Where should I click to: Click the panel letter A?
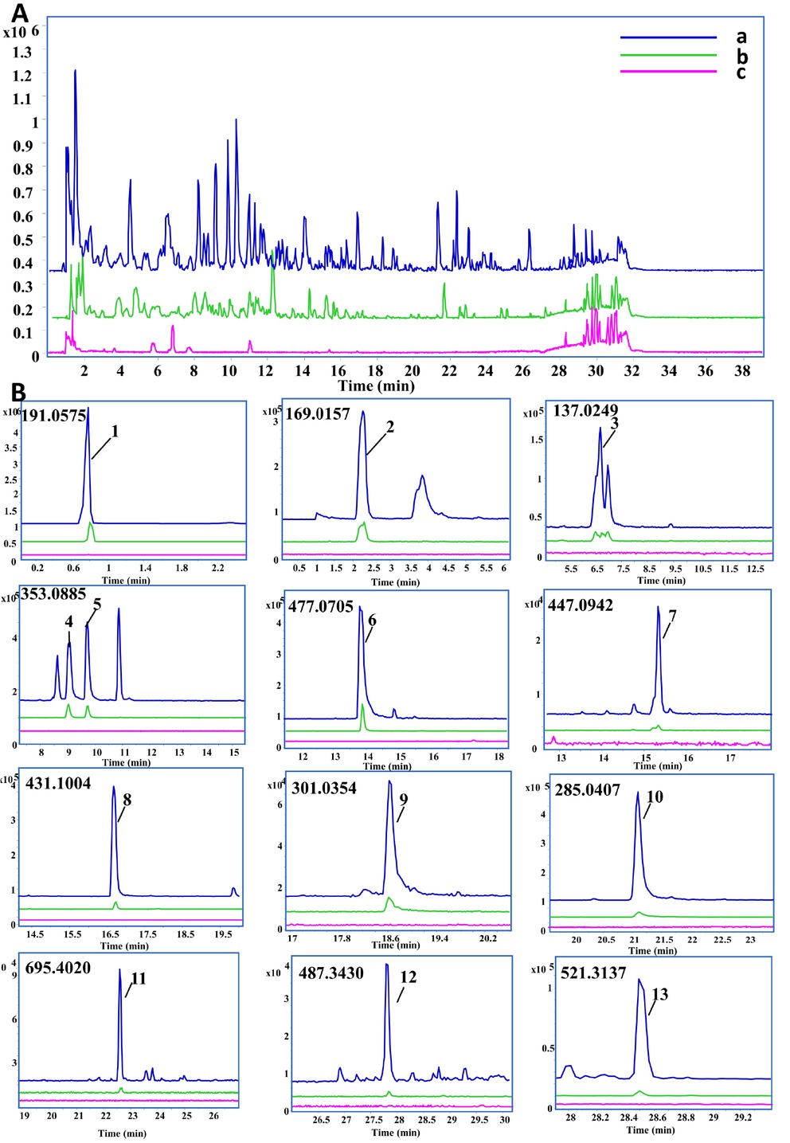(19, 13)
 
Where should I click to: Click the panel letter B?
(18, 392)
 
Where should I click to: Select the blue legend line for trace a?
(668, 37)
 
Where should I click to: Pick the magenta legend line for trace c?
(668, 72)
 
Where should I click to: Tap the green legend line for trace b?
(668, 55)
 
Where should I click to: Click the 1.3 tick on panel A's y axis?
(22, 53)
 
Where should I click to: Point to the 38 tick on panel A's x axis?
(741, 370)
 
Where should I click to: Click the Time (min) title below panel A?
(376, 386)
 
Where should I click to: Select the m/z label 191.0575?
(53, 415)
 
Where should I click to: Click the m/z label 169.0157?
(318, 414)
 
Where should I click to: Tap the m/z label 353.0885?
(53, 593)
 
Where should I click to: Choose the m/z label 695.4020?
(58, 968)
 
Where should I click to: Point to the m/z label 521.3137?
(593, 973)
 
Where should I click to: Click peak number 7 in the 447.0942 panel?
(673, 616)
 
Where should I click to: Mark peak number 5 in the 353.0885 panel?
(97, 605)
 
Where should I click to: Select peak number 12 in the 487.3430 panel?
(409, 977)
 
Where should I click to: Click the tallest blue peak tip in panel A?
(75, 70)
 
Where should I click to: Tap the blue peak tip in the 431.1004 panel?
(113, 787)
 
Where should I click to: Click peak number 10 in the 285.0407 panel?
(655, 797)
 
